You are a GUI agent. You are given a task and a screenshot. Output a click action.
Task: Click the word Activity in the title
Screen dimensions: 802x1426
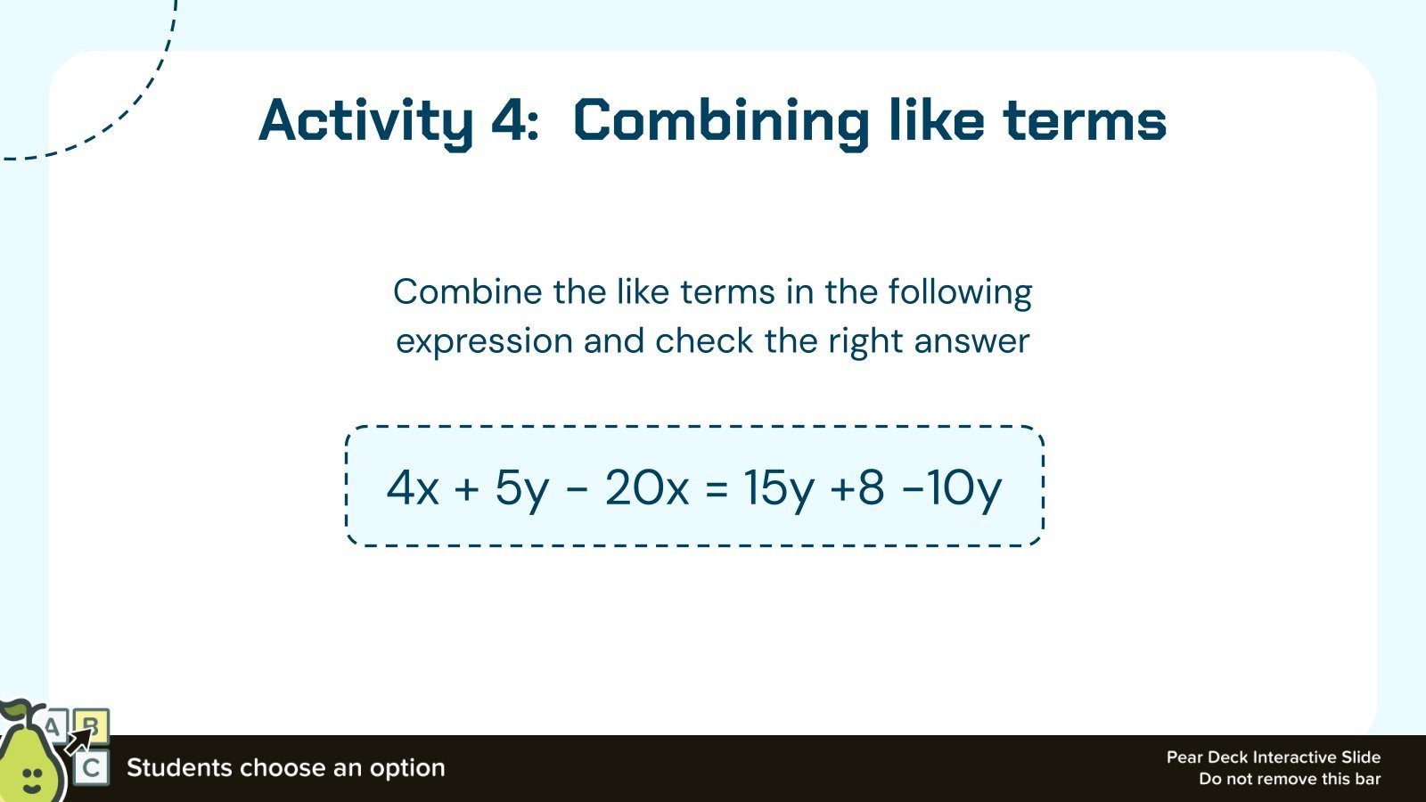[x=365, y=121]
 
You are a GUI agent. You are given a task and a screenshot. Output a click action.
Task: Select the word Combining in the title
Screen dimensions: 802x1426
[x=720, y=121]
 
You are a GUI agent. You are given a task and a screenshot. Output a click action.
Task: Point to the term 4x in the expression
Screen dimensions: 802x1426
[x=413, y=487]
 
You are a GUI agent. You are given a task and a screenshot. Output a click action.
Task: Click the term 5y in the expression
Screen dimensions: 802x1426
[x=521, y=487]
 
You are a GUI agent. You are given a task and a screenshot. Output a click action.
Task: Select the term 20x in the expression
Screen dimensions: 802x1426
[x=647, y=487]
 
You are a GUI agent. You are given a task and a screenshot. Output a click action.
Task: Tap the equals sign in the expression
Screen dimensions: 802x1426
[x=717, y=488]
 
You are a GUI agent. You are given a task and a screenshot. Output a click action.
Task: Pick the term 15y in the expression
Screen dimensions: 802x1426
[x=779, y=487]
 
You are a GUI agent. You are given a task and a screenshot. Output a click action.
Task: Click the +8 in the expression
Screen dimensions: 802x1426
[x=856, y=487]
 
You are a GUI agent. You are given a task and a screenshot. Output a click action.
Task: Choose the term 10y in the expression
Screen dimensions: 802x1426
[x=963, y=487]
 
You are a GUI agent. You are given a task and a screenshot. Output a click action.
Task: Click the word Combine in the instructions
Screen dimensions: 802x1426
[x=467, y=292]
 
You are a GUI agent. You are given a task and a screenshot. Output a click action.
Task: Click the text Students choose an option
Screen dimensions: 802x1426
[x=285, y=768]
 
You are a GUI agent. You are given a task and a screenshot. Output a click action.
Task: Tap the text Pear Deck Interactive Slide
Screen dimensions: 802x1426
[x=1273, y=757]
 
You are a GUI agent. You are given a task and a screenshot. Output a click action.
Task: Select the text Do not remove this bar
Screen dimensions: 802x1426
[x=1289, y=779]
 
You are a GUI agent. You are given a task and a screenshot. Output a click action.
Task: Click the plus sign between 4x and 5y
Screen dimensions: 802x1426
[x=466, y=488]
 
